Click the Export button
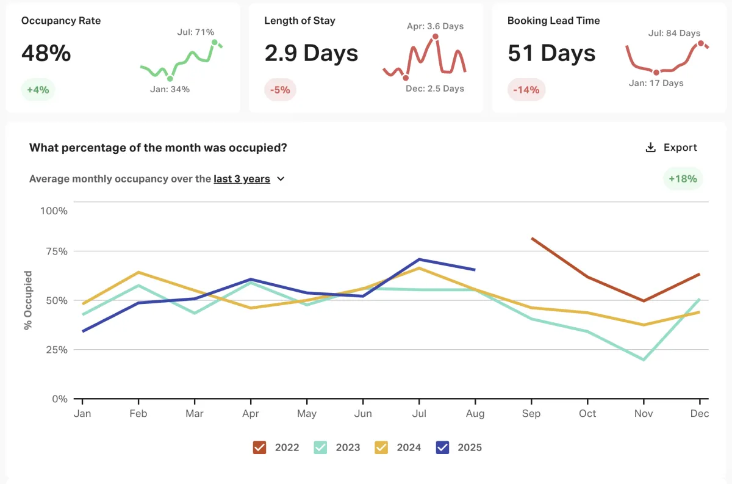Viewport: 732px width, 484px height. pos(671,148)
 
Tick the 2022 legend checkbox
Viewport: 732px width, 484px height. pos(260,447)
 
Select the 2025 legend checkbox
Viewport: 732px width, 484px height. pos(443,447)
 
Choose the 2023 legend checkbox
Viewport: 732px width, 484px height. pos(321,447)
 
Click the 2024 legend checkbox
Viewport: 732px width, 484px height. pos(382,447)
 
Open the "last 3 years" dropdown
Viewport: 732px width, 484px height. pos(249,179)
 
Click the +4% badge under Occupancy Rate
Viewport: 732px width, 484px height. pos(38,90)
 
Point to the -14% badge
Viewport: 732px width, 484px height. pos(526,90)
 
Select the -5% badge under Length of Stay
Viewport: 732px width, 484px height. pos(281,90)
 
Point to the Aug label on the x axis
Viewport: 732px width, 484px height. pos(475,414)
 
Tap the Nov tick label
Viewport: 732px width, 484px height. pos(643,414)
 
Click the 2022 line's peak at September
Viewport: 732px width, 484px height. pos(532,238)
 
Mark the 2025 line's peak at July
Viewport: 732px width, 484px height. pos(419,259)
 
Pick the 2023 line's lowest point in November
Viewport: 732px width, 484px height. pos(644,359)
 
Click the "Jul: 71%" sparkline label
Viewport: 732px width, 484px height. pos(195,32)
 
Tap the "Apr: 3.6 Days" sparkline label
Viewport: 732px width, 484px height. pos(435,26)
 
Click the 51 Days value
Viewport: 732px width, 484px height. pos(551,53)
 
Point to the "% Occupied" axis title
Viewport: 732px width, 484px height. pos(28,300)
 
